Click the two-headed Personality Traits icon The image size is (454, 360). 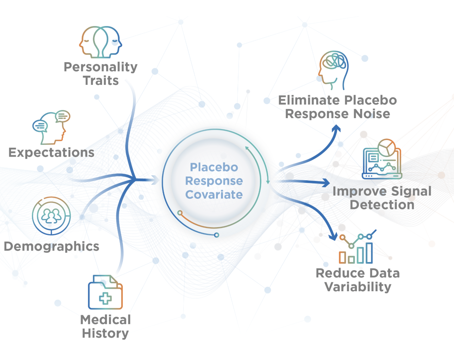[x=100, y=42]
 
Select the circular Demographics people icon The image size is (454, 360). [x=51, y=216]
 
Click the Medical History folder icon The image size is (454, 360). [x=105, y=292]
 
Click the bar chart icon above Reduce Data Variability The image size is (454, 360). [x=356, y=248]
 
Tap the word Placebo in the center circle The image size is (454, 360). [x=214, y=167]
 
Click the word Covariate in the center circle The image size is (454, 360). [x=214, y=194]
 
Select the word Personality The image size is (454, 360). [x=100, y=67]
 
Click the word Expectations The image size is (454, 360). [x=51, y=152]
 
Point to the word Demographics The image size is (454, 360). [x=51, y=246]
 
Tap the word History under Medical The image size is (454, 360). [x=105, y=333]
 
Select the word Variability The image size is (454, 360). [x=358, y=287]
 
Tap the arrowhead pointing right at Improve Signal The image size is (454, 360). [x=327, y=183]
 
